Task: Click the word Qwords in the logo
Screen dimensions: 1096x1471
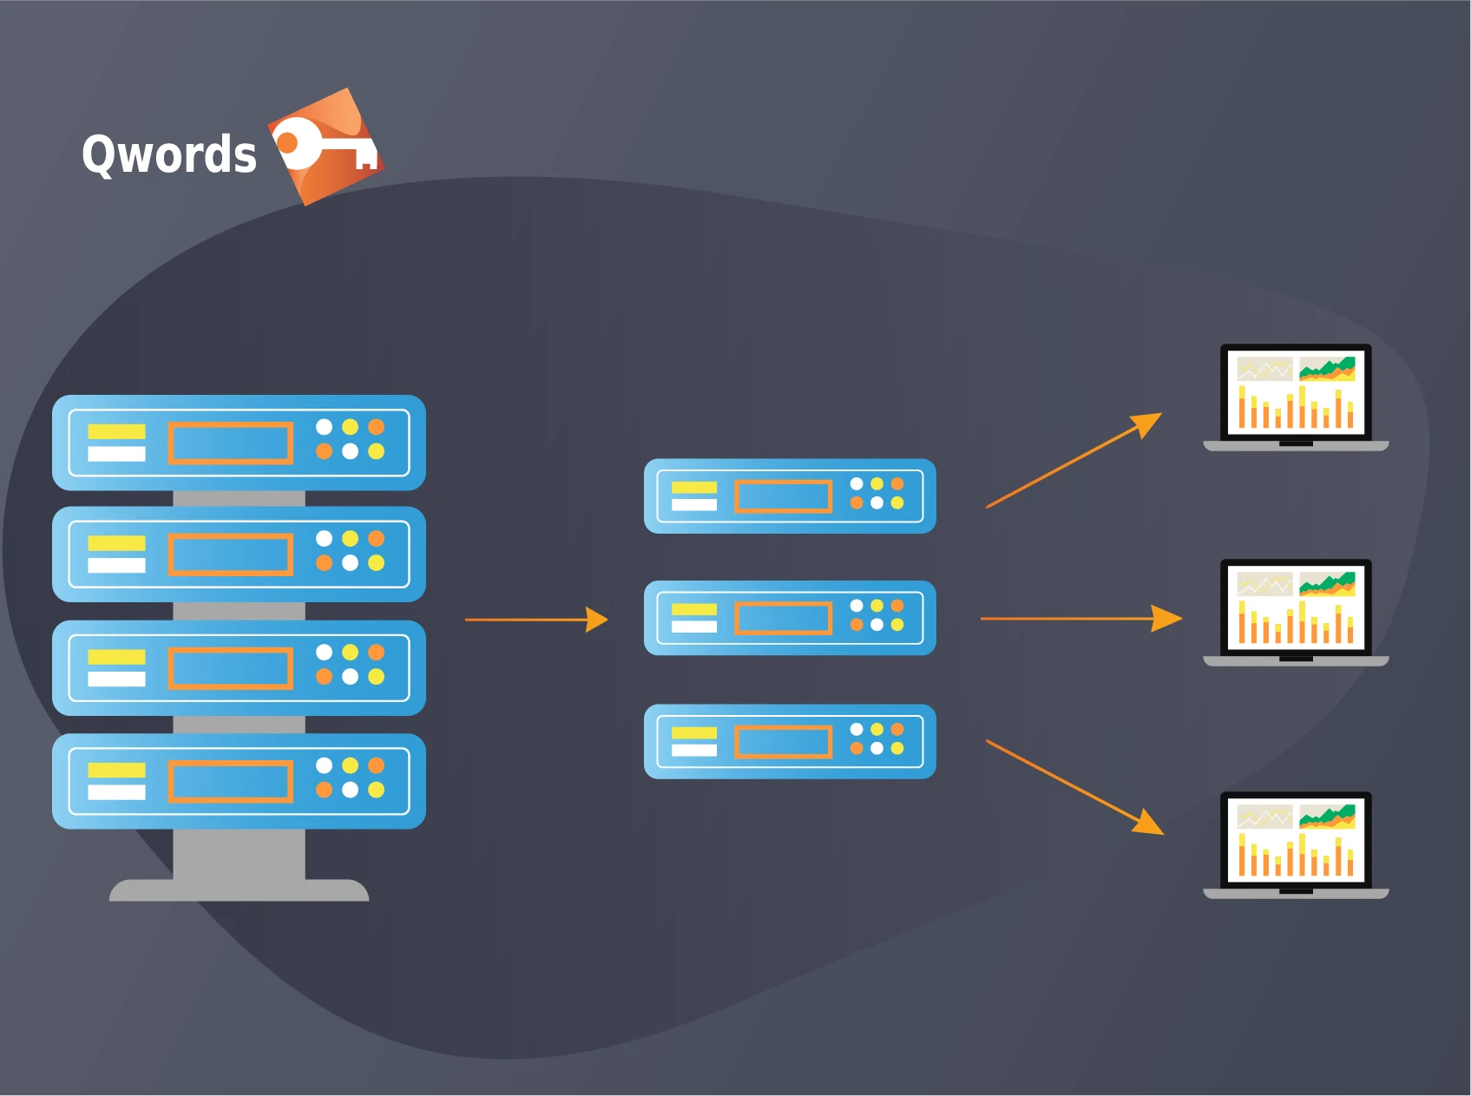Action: point(169,155)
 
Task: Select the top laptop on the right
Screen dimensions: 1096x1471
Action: point(1295,397)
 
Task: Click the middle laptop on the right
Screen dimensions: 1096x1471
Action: point(1295,612)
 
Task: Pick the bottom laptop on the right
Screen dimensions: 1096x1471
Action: point(1295,844)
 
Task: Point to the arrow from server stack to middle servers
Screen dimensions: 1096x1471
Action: point(535,620)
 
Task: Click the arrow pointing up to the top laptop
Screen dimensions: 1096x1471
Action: point(1073,461)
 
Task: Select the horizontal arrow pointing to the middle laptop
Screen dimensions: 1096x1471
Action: point(1080,619)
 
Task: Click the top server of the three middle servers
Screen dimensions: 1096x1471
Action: point(790,496)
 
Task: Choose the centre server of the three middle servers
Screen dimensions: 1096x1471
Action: point(790,618)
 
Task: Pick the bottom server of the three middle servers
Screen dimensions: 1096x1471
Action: point(790,741)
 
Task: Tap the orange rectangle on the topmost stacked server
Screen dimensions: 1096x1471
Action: point(230,443)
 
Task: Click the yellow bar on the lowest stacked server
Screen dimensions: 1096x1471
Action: point(116,770)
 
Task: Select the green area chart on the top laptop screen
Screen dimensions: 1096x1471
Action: point(1327,368)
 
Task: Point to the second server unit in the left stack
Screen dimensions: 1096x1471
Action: point(239,555)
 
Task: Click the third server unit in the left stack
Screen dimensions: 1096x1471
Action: point(239,668)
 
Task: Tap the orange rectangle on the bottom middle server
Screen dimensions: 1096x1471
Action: point(783,742)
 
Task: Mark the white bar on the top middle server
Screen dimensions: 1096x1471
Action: point(693,505)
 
